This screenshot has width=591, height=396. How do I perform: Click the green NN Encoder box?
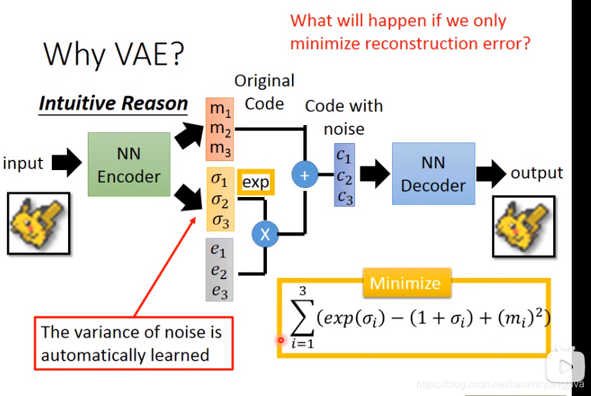pos(128,164)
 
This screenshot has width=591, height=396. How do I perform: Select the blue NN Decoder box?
pos(433,173)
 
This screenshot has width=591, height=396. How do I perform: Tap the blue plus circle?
pos(305,175)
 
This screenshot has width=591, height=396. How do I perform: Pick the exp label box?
pos(255,182)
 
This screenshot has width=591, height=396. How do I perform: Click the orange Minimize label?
pos(406,284)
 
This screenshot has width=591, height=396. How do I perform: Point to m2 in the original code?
pos(219,128)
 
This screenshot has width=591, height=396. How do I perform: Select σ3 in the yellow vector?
pos(220,221)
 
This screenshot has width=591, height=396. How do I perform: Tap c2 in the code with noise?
pos(344,176)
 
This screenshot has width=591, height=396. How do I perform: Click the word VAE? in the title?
pos(144,55)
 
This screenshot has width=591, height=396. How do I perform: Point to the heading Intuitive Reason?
pos(113,104)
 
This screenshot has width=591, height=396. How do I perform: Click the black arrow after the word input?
pos(65,164)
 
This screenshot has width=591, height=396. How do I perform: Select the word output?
pos(536,173)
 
